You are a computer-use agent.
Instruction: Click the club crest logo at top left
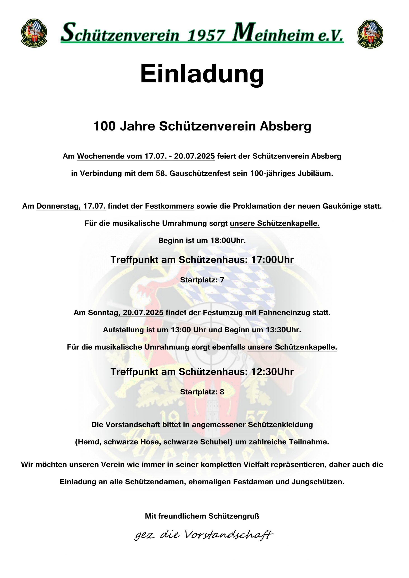pyautogui.click(x=34, y=33)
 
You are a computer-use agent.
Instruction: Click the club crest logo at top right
pyautogui.click(x=370, y=34)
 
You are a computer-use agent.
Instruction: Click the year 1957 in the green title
pyautogui.click(x=206, y=35)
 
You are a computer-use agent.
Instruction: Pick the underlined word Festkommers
pyautogui.click(x=169, y=206)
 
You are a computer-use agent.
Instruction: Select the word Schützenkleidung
pyautogui.click(x=280, y=425)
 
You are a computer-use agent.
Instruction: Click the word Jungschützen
pyautogui.click(x=318, y=482)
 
